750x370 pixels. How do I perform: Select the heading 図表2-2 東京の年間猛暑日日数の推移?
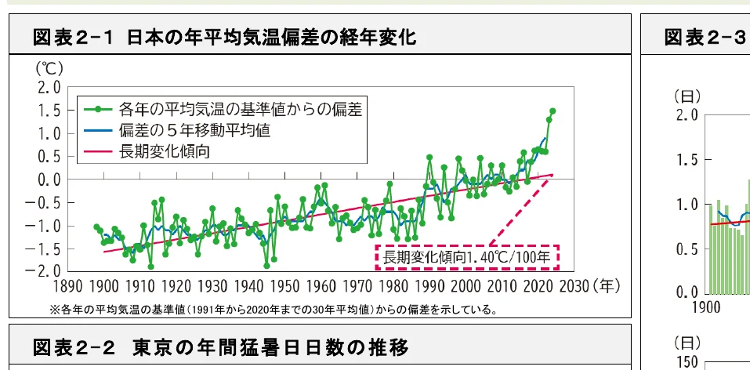220,346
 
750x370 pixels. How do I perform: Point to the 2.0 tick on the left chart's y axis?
49,87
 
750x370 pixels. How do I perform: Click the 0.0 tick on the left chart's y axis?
49,180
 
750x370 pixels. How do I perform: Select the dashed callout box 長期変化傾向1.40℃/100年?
467,257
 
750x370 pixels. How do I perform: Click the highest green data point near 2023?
553,111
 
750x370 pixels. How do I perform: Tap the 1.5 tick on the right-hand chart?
687,160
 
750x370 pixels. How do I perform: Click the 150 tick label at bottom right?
686,362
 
